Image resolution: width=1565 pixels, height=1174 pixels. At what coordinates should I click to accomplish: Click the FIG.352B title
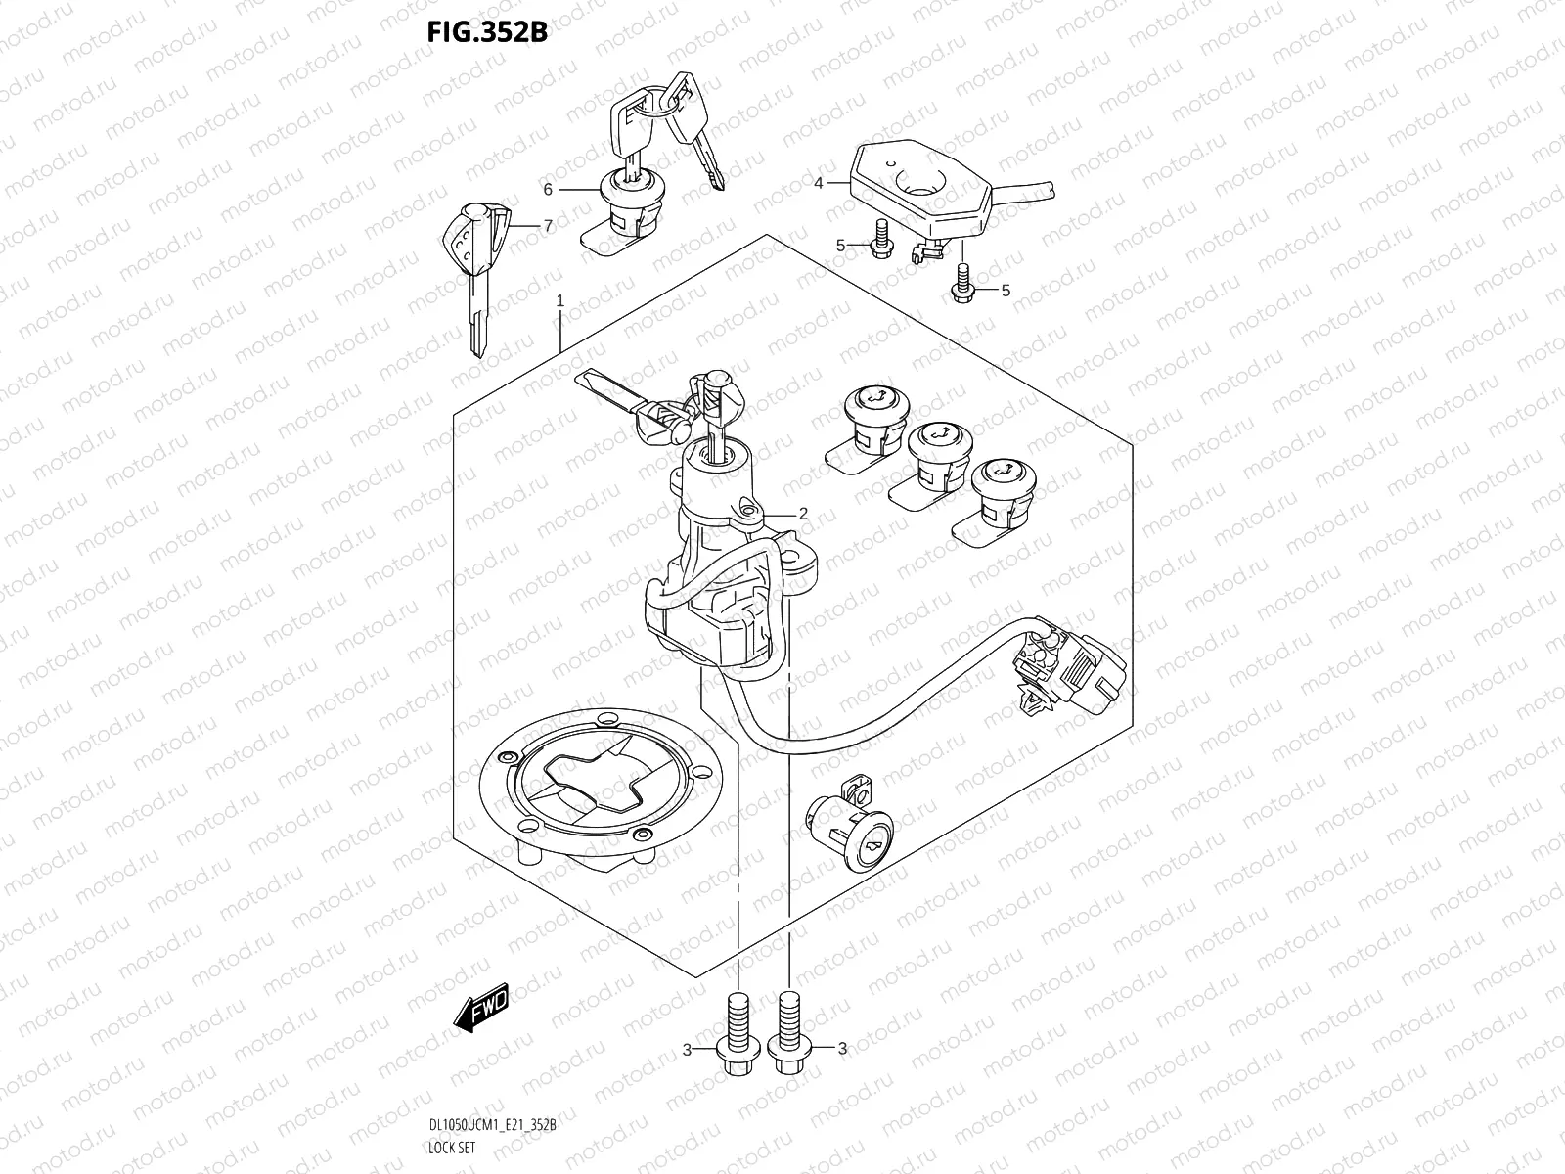pyautogui.click(x=485, y=32)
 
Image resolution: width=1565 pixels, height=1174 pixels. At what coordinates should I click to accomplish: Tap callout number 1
pyautogui.click(x=560, y=301)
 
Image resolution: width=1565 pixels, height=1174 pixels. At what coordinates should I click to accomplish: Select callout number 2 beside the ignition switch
pyautogui.click(x=803, y=513)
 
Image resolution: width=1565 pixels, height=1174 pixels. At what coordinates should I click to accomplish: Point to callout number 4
pyautogui.click(x=818, y=182)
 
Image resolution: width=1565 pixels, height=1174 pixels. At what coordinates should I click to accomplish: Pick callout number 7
pyautogui.click(x=548, y=226)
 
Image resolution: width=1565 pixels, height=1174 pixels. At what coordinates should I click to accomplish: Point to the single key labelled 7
pyautogui.click(x=477, y=274)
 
